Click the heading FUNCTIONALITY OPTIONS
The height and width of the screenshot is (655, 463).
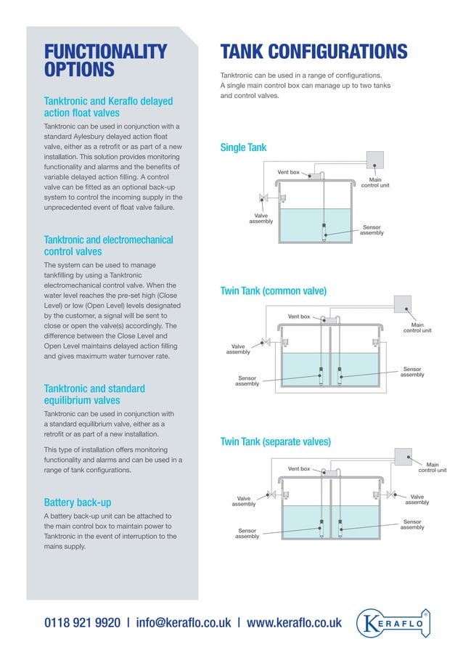105,60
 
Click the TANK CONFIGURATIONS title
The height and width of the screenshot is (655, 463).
314,52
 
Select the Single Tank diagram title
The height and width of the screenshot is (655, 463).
243,148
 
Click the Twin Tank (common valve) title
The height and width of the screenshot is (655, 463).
273,291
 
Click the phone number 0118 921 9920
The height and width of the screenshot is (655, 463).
82,622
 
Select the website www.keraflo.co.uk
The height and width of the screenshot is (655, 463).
294,622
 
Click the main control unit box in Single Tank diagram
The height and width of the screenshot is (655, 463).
375,159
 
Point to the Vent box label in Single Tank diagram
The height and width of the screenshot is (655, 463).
288,172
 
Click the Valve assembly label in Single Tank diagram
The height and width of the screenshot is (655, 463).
261,219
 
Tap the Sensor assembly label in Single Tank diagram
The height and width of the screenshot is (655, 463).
372,230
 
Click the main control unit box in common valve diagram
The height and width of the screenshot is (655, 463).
403,304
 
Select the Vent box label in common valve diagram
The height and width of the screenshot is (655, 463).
299,317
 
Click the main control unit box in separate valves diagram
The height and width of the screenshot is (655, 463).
403,455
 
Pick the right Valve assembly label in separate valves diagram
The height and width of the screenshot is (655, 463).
417,499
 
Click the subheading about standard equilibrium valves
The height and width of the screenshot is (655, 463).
94,394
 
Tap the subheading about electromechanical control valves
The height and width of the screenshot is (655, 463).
109,245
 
